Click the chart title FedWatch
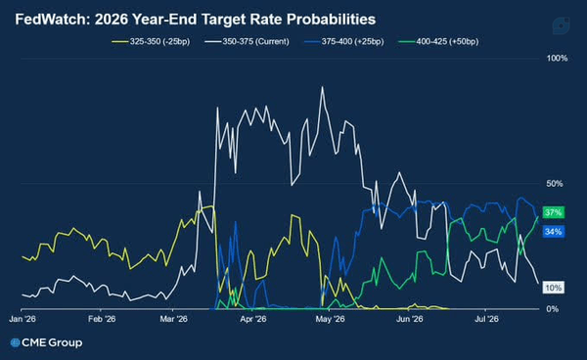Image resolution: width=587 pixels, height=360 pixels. click(x=52, y=20)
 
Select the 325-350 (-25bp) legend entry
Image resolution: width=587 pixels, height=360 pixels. click(x=151, y=41)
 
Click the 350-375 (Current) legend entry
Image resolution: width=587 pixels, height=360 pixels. click(x=248, y=41)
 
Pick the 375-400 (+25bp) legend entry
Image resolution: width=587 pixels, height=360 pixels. click(x=344, y=41)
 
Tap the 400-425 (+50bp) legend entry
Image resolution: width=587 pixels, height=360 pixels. click(x=438, y=41)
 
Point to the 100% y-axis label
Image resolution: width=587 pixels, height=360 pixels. click(x=557, y=58)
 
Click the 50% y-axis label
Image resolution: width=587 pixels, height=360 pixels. click(x=555, y=183)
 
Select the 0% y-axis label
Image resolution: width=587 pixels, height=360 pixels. click(x=553, y=309)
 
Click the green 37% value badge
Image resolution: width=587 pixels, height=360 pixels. click(x=554, y=212)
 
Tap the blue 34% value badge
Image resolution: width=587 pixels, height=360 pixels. click(x=554, y=232)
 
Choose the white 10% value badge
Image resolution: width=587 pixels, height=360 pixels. click(x=554, y=288)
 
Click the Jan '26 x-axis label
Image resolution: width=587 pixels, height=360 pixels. click(x=23, y=319)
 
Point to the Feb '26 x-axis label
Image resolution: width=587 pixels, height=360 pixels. click(x=102, y=319)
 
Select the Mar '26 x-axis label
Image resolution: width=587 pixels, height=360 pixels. click(x=173, y=319)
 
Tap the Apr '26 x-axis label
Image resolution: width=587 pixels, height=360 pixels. click(x=253, y=319)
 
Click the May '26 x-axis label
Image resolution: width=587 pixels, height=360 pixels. click(x=330, y=319)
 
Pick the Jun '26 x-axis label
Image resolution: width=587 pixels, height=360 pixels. click(x=410, y=319)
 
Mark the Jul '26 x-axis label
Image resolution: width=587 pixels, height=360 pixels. click(x=486, y=319)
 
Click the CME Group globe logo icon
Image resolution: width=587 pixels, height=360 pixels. click(x=15, y=342)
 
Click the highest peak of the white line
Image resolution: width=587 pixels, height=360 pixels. click(x=322, y=87)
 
